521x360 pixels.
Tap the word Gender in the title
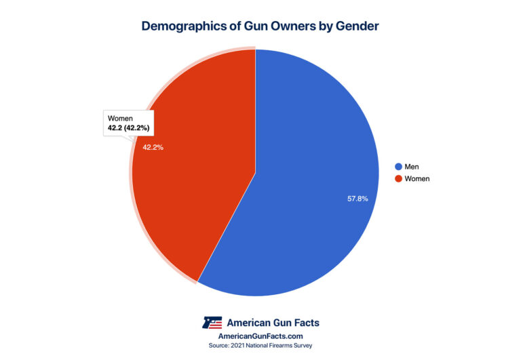[x=355, y=26]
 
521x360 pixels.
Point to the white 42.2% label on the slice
[x=153, y=146]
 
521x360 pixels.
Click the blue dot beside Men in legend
[x=398, y=166]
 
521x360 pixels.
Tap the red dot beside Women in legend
[x=398, y=179]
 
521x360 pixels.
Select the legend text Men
[x=412, y=166]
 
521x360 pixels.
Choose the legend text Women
[x=417, y=179]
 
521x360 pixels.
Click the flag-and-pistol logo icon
[x=212, y=322]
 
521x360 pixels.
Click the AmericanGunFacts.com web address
[x=260, y=336]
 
